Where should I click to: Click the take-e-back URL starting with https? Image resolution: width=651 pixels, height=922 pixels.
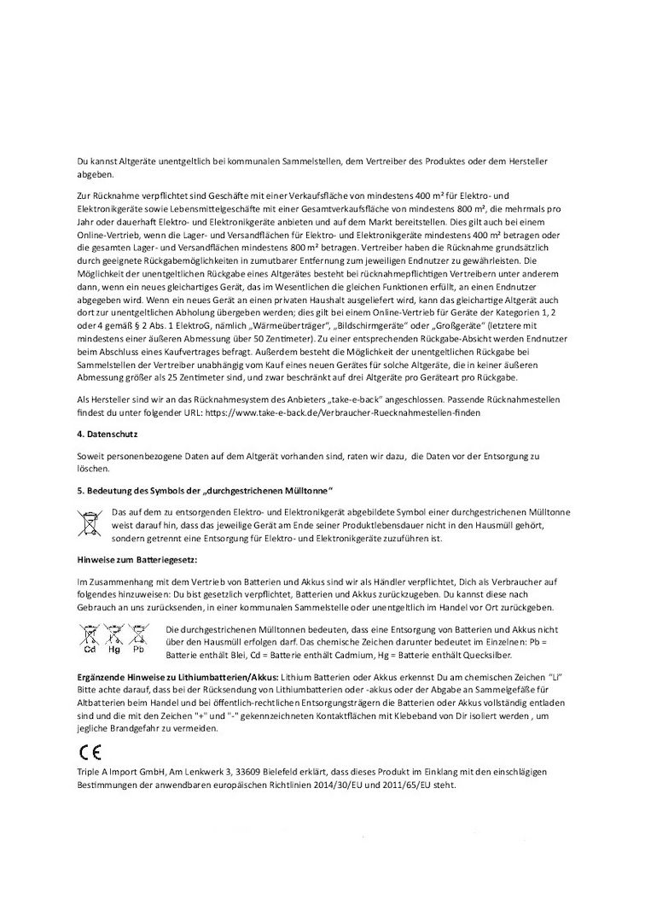tap(357, 413)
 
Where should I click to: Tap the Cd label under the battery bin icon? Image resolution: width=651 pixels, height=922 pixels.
tap(89, 649)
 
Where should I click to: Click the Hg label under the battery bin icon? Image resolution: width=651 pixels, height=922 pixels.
tap(113, 649)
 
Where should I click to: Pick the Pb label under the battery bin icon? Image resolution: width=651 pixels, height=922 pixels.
tap(138, 649)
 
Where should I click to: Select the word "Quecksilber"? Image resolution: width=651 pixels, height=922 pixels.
tap(482, 654)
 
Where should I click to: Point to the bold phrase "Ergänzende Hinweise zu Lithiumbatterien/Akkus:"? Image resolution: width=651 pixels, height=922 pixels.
tap(176, 675)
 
